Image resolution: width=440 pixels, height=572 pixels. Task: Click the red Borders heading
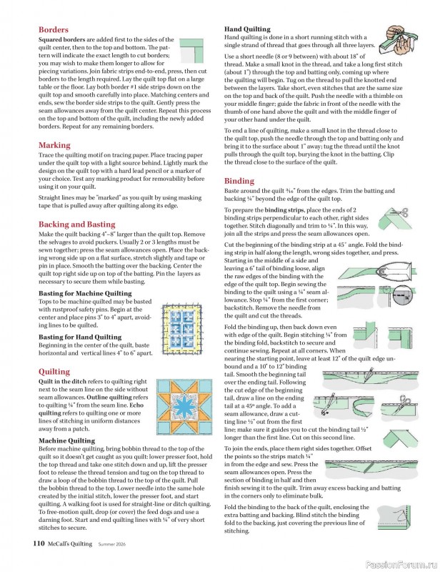tap(54, 30)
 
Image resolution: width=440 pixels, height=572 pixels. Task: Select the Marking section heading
tap(54, 145)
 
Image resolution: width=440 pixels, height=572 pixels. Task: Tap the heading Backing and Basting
tap(76, 224)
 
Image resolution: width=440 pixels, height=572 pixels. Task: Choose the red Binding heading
tap(239, 181)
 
